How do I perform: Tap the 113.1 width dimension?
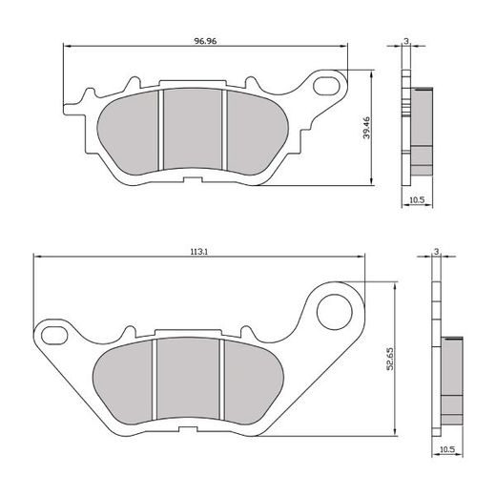pyautogui.click(x=199, y=253)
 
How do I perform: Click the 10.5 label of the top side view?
pyautogui.click(x=417, y=200)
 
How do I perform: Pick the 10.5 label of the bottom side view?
pyautogui.click(x=446, y=446)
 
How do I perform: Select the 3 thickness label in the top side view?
pyautogui.click(x=406, y=41)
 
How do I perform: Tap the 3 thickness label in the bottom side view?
pyautogui.click(x=435, y=251)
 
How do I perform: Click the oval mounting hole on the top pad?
pyautogui.click(x=329, y=86)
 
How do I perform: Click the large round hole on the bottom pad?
pyautogui.click(x=336, y=308)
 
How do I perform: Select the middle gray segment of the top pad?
pyautogui.click(x=194, y=132)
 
